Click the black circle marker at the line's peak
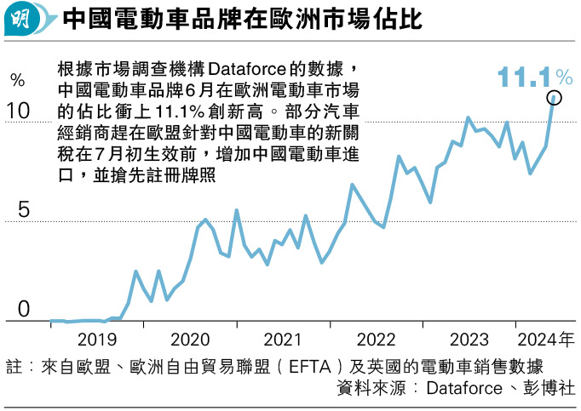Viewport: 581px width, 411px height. [x=554, y=99]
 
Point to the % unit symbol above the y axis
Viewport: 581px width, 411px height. [x=17, y=81]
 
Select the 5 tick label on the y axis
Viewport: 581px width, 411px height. [x=23, y=209]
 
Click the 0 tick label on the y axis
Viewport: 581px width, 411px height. [x=23, y=310]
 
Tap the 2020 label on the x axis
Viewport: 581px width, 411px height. [x=189, y=341]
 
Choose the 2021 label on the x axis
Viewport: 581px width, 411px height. [x=282, y=341]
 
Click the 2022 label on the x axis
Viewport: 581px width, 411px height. [x=375, y=341]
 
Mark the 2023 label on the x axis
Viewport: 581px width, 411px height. [x=469, y=341]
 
